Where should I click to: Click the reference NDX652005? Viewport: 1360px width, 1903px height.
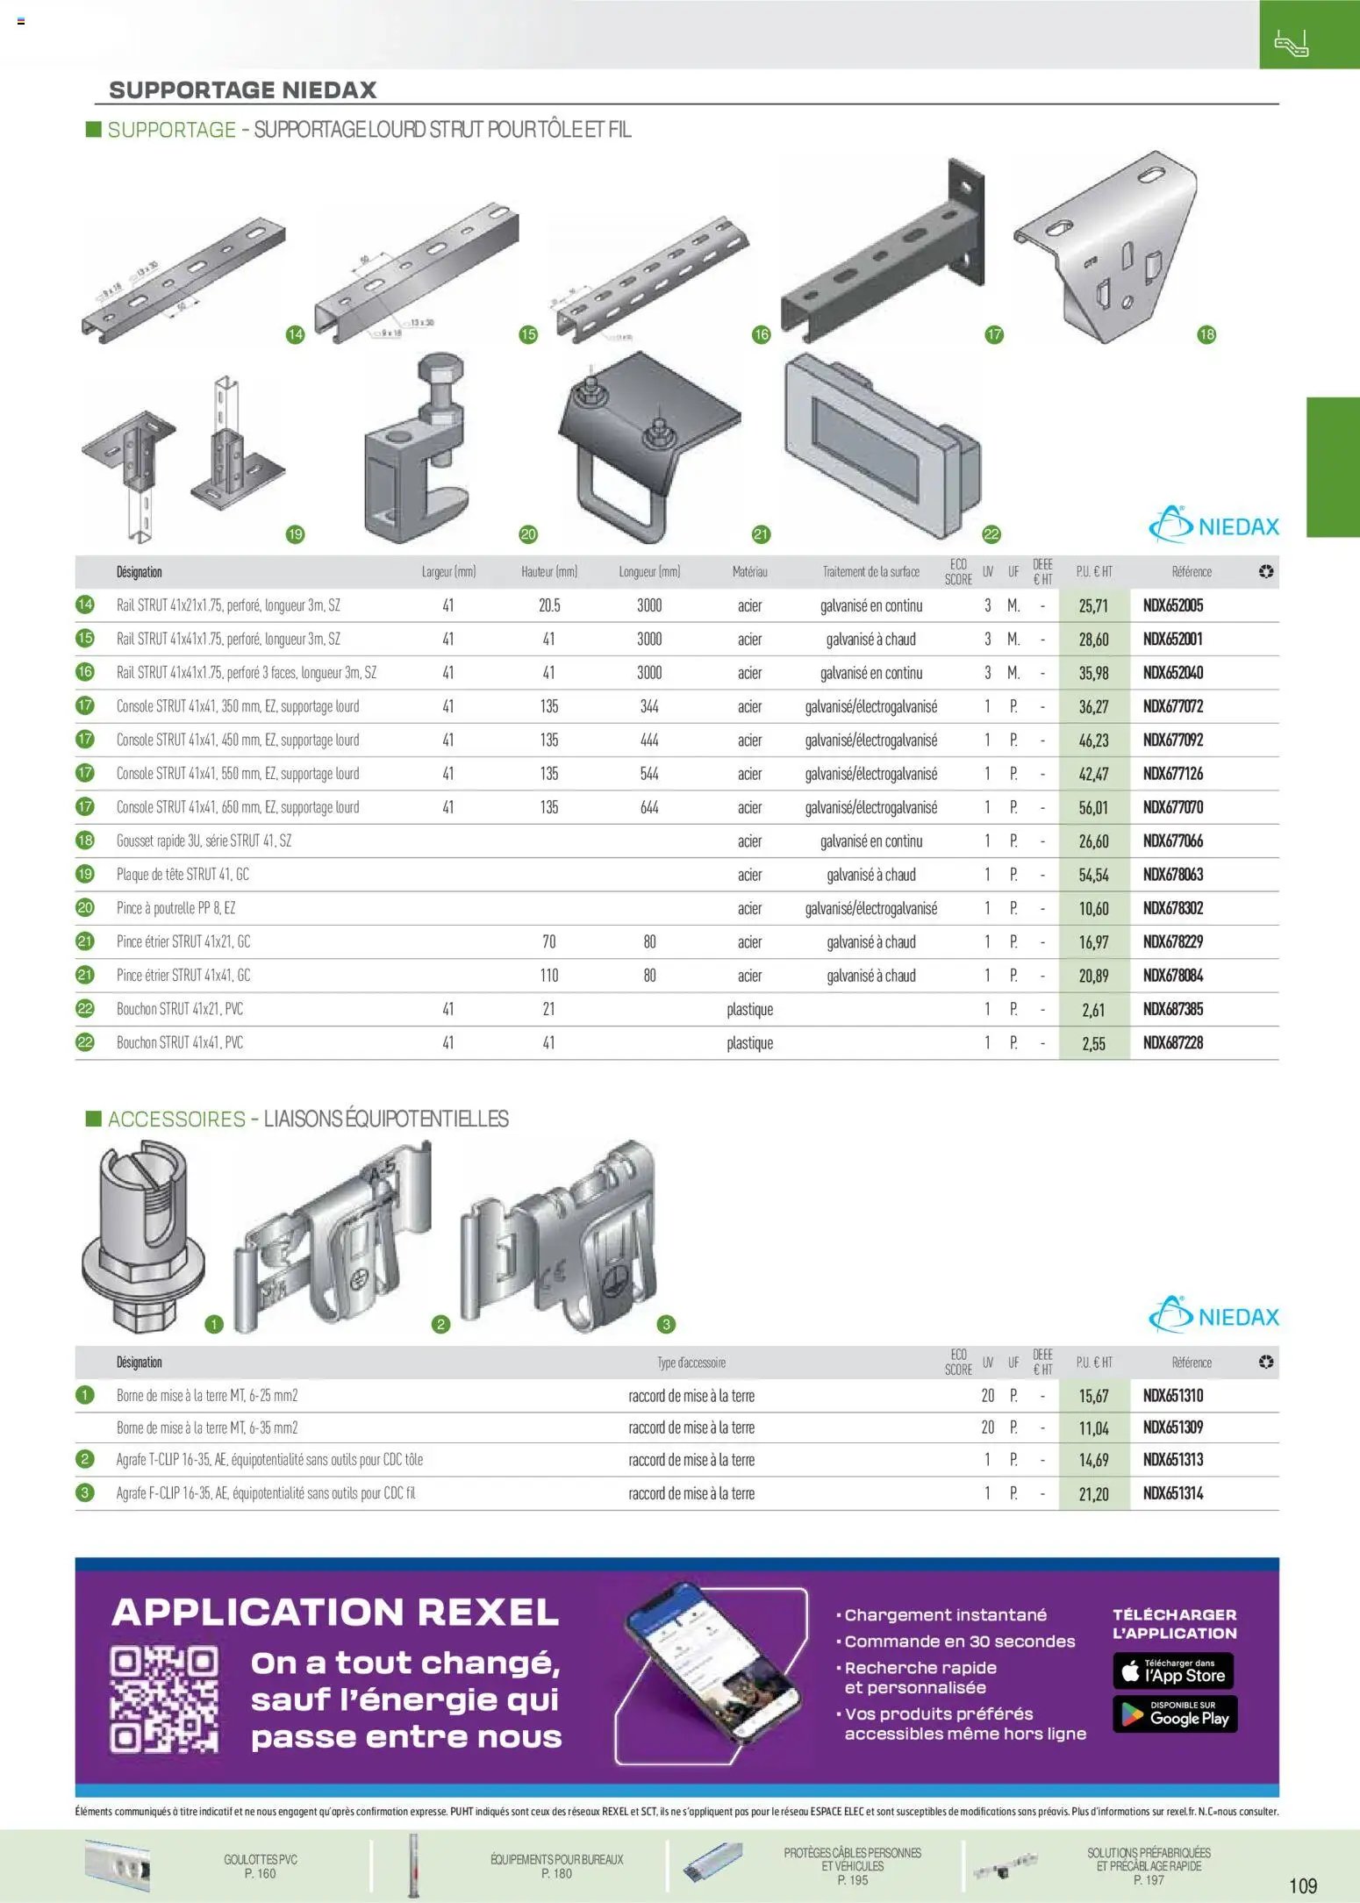1172,605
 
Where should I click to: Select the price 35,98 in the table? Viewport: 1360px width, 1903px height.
1093,673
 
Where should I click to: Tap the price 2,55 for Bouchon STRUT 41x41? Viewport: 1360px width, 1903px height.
1093,1043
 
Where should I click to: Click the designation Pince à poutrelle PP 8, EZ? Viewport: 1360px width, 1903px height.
175,908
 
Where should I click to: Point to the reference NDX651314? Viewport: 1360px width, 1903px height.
1172,1493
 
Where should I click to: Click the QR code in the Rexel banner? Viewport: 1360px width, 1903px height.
164,1699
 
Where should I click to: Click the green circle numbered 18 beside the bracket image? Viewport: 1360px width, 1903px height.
1206,334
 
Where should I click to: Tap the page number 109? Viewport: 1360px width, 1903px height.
1303,1885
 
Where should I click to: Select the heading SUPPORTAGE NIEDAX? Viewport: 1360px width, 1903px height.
242,89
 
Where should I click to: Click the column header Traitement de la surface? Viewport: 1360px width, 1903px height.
870,572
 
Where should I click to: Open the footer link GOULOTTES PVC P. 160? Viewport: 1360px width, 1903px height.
260,1866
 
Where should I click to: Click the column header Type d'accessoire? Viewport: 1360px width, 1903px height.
691,1363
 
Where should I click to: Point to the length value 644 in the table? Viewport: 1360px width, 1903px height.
649,807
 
